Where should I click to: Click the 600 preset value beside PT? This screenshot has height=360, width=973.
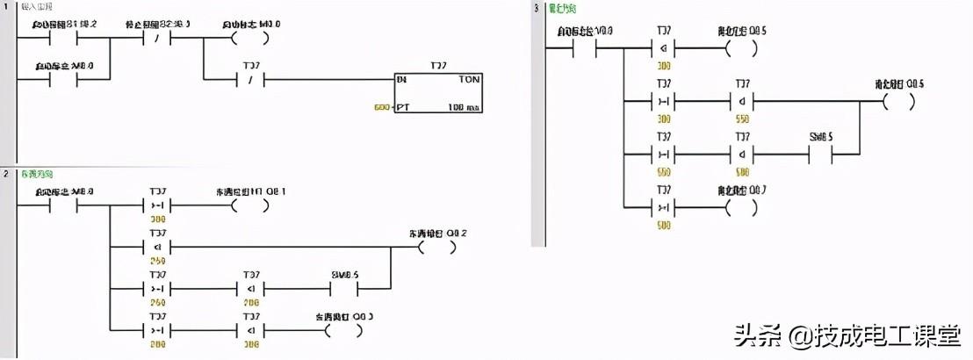point(380,108)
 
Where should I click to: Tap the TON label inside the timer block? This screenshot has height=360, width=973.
point(468,78)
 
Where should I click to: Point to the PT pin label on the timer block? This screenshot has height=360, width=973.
point(403,108)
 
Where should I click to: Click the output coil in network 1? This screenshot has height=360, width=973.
point(248,39)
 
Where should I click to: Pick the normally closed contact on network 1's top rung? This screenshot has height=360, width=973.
point(157,39)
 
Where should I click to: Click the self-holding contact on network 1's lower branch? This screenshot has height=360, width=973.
point(64,79)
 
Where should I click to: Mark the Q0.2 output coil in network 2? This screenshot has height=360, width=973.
point(436,248)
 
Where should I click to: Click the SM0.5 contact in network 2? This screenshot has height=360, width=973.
point(345,289)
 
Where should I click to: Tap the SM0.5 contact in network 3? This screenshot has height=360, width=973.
point(821,154)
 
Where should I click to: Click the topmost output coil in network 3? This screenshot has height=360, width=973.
point(741,48)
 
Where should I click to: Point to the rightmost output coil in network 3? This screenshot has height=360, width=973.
point(898,101)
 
